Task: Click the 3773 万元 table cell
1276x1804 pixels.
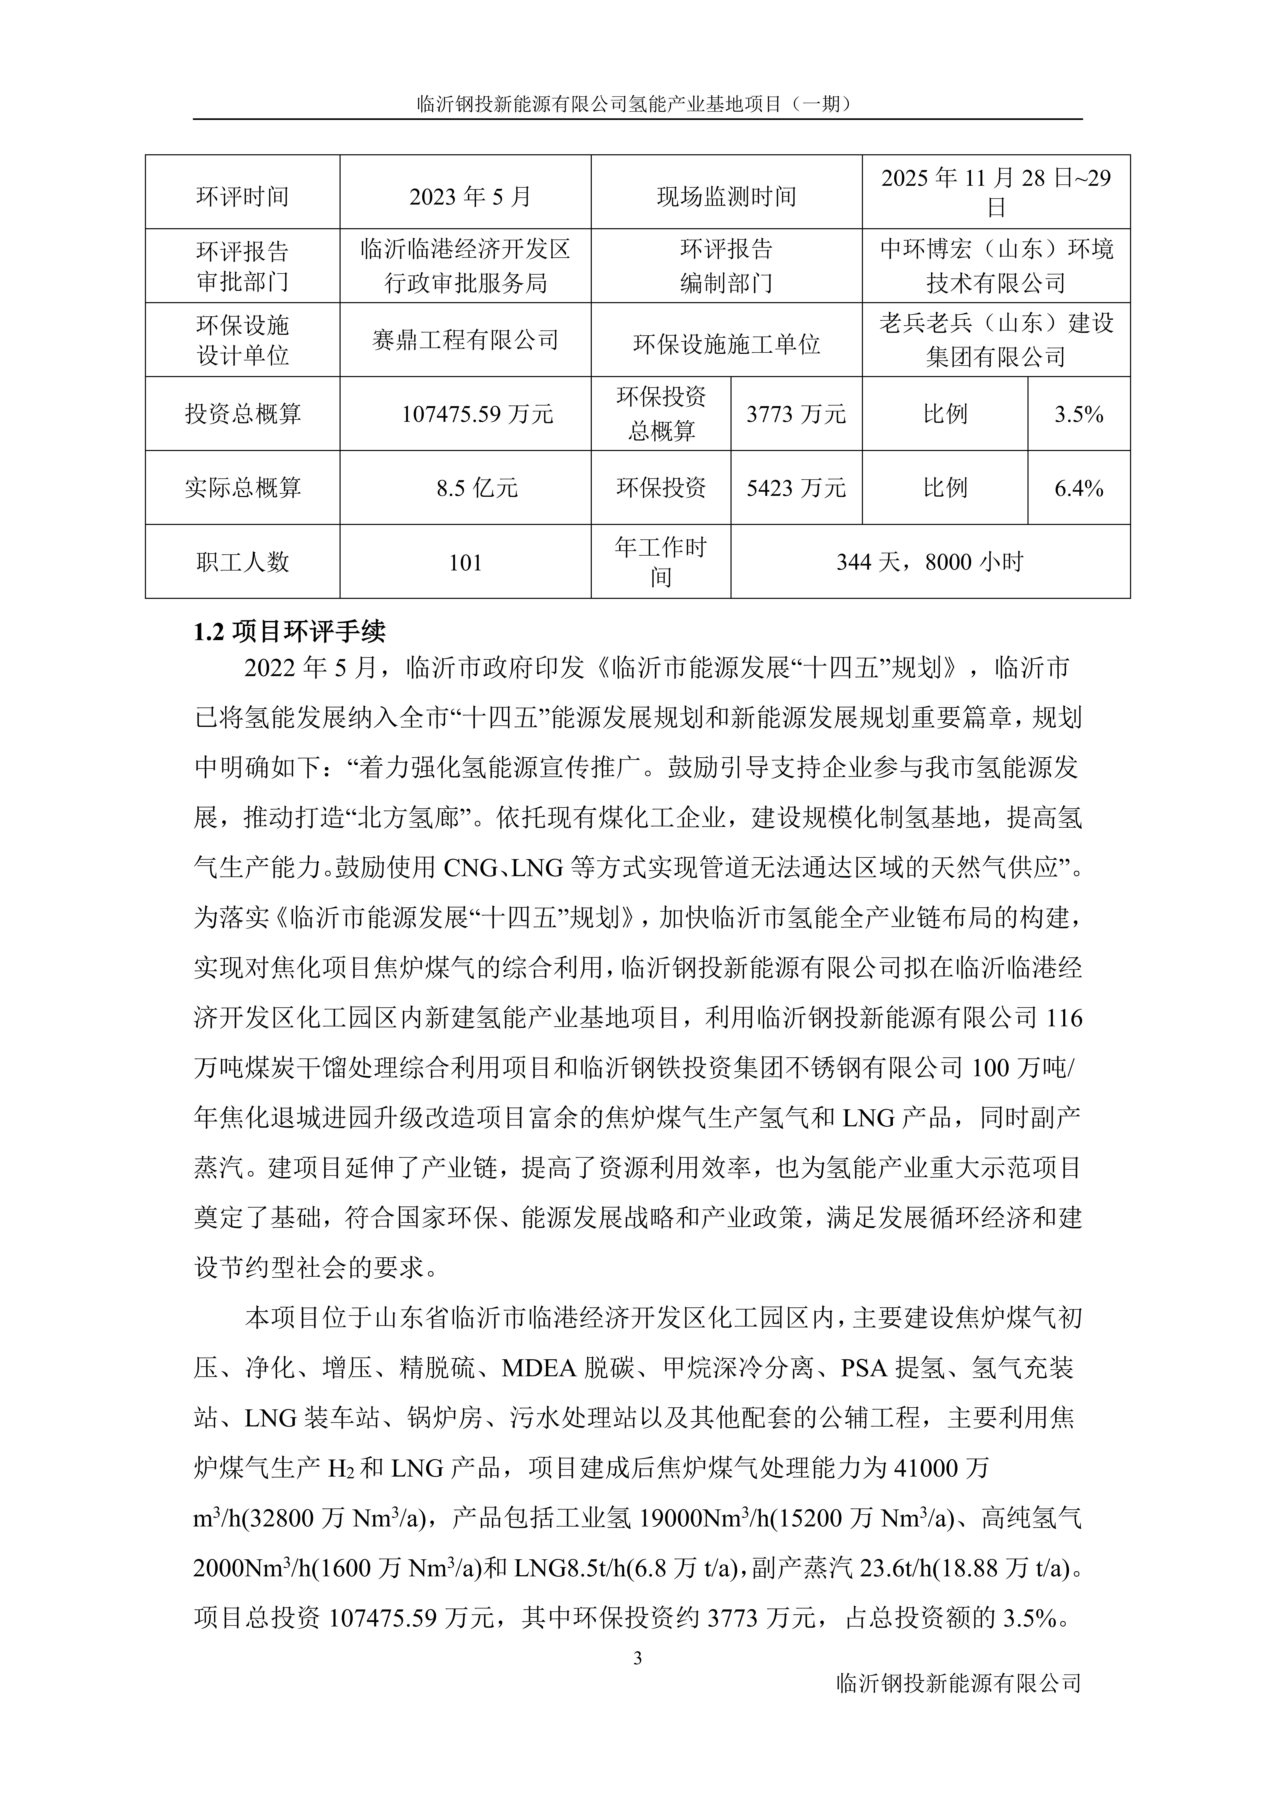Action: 796,414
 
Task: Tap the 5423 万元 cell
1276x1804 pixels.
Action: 796,488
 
